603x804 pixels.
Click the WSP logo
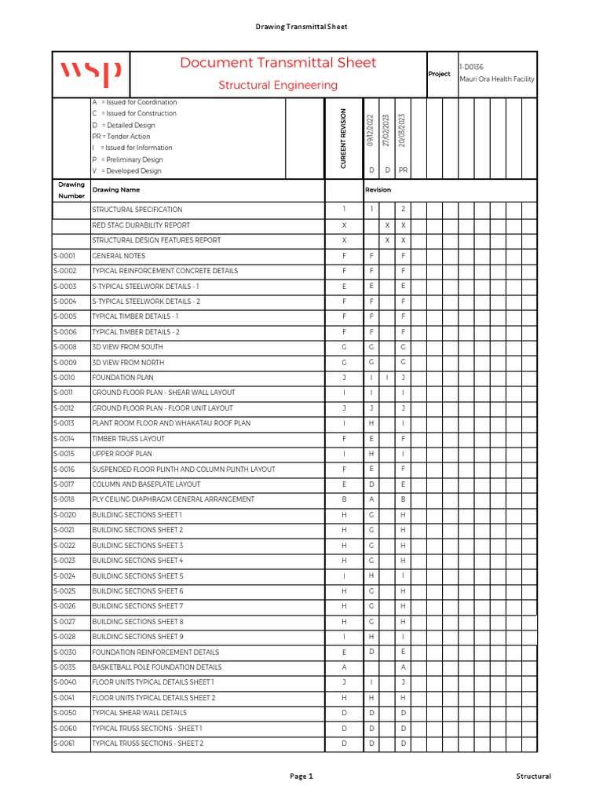pyautogui.click(x=91, y=74)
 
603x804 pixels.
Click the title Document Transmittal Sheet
pyautogui.click(x=278, y=63)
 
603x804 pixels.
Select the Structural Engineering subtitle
pyautogui.click(x=278, y=85)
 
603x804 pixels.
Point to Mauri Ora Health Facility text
pyautogui.click(x=496, y=79)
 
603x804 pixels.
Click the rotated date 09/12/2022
pyautogui.click(x=371, y=130)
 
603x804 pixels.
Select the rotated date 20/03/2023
pyautogui.click(x=403, y=130)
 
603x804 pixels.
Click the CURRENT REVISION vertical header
pyautogui.click(x=344, y=138)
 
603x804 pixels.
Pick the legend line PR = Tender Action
pyautogui.click(x=121, y=137)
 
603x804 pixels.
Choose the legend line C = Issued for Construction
pyautogui.click(x=134, y=113)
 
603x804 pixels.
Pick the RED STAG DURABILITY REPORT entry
pyautogui.click(x=141, y=225)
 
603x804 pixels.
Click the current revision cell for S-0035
pyautogui.click(x=344, y=667)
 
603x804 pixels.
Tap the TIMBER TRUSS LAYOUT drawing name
pyautogui.click(x=128, y=439)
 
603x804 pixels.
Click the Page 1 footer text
pyautogui.click(x=301, y=777)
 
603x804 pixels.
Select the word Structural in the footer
pyautogui.click(x=533, y=777)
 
